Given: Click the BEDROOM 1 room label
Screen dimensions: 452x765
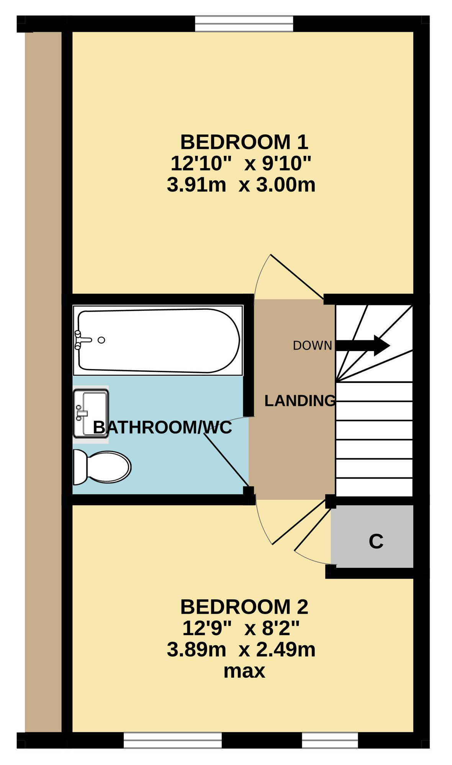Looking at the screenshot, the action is pos(244,142).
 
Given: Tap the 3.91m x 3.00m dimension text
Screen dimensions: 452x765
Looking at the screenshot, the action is pos(241,185).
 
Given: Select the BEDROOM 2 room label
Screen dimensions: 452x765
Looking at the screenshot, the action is pos(244,607).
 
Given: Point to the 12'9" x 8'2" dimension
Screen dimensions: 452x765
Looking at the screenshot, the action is pos(241,628).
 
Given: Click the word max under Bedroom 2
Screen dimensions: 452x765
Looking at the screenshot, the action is pos(244,671).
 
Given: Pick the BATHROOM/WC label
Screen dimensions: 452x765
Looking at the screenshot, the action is pos(162,427).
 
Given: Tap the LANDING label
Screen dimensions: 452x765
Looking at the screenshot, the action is pos(300,400).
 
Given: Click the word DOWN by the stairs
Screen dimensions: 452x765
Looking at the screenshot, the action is pos(312,345).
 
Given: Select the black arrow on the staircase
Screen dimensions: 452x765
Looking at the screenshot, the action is pos(363,345).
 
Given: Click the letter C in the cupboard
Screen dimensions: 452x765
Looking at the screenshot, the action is pos(376,541).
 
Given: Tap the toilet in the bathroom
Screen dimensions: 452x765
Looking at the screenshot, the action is pos(102,467).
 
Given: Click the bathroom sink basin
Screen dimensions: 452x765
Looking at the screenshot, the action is pos(91,414).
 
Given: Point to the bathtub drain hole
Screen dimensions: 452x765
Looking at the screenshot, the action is pos(101,340).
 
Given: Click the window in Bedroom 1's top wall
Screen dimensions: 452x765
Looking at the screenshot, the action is pos(244,23).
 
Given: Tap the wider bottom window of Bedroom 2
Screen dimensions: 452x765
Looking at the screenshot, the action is pos(173,740).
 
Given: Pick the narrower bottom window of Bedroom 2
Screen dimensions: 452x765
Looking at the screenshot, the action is pos(330,740).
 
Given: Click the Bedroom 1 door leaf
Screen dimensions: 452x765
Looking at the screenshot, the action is pos(297,276).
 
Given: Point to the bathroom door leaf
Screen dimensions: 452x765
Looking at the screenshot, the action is pos(226,460).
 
